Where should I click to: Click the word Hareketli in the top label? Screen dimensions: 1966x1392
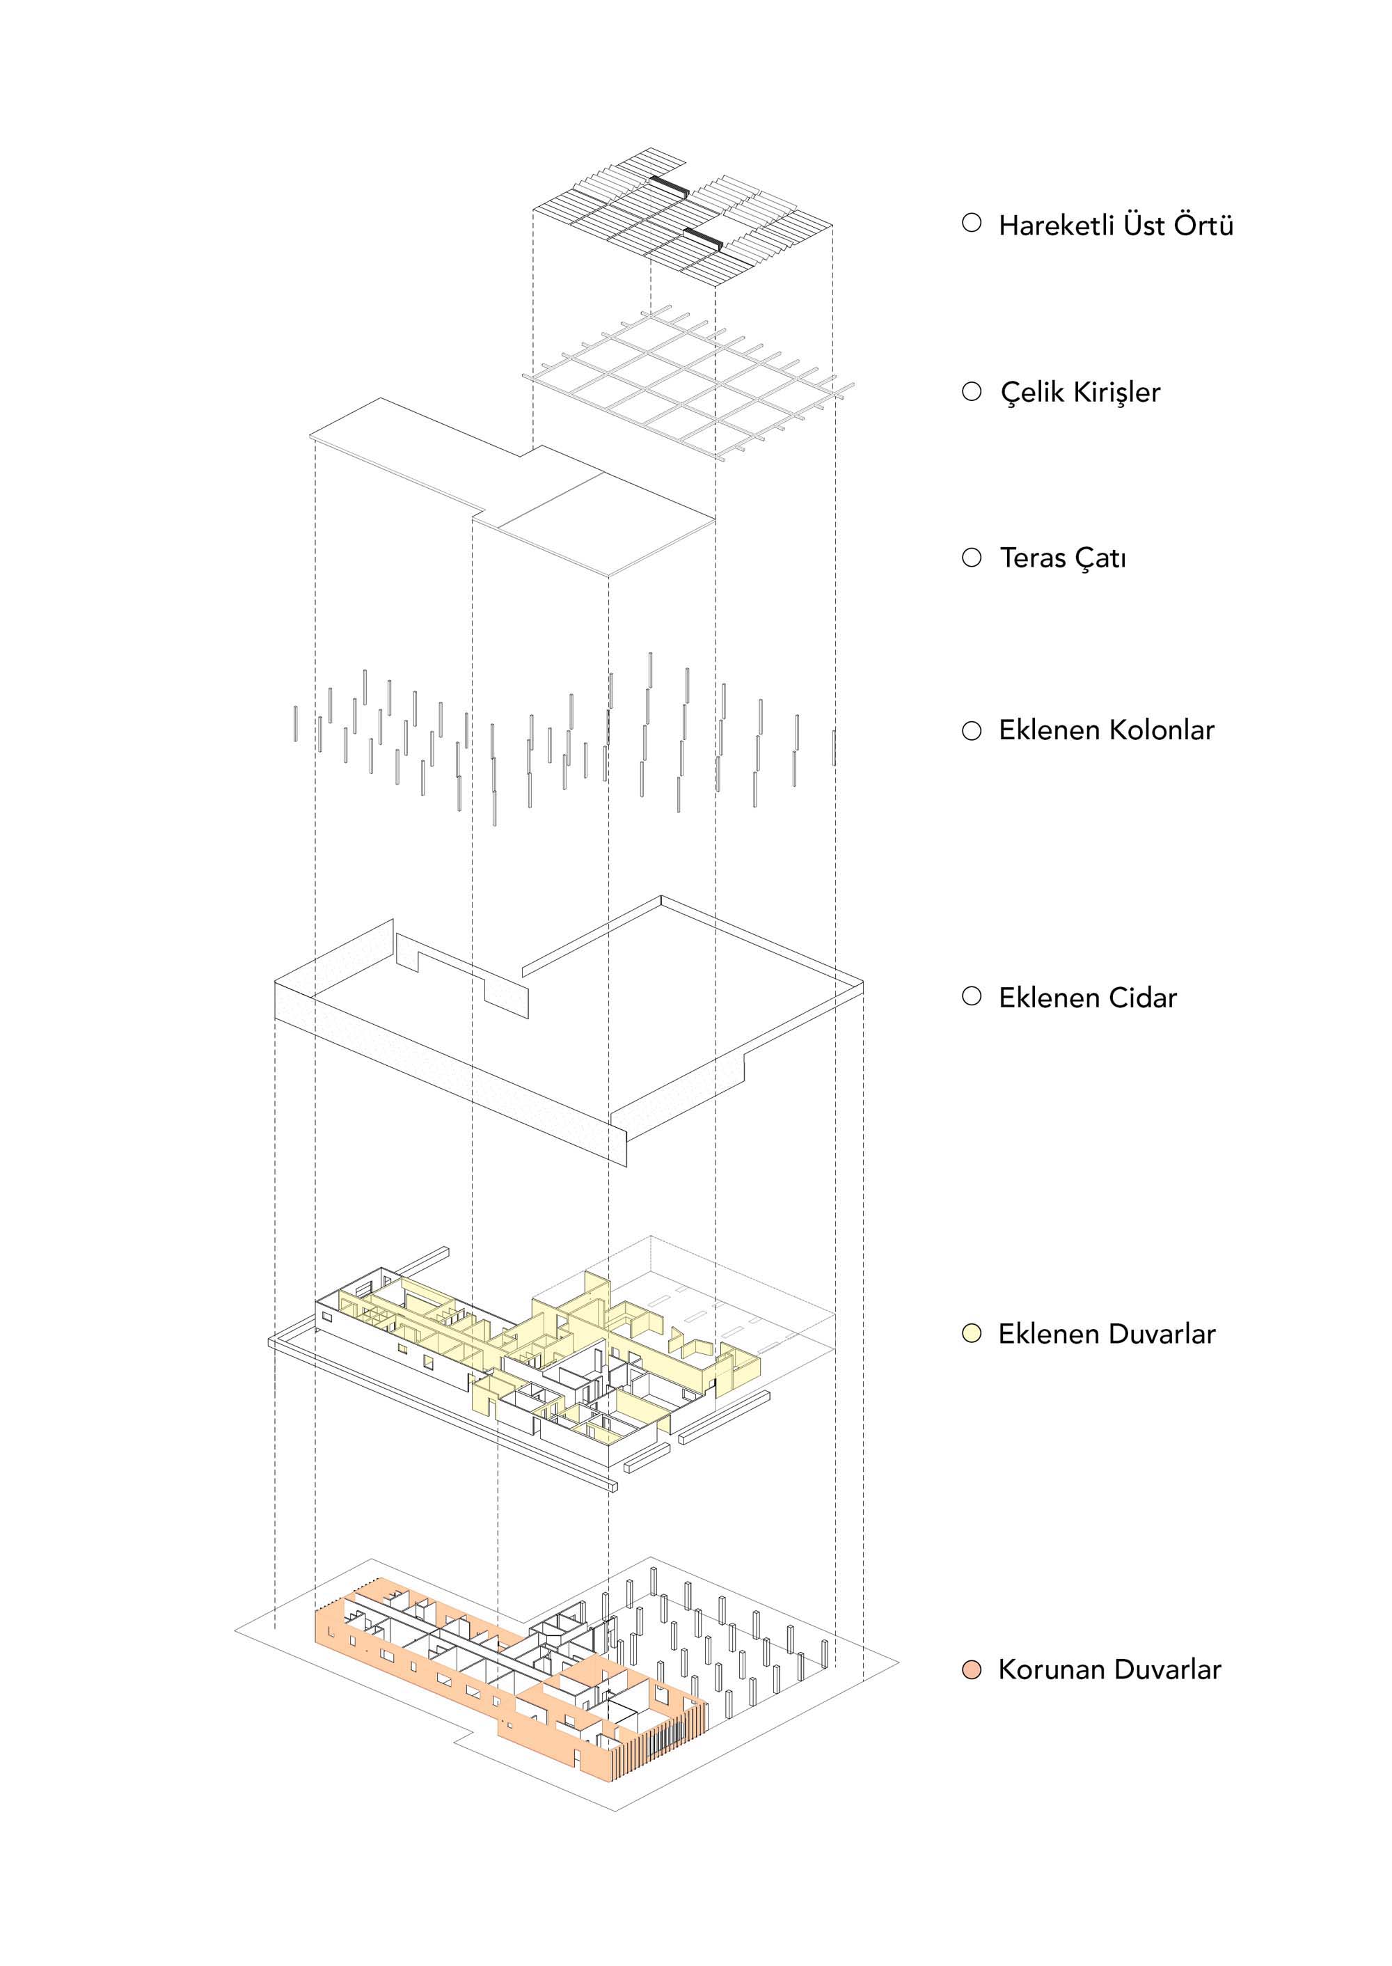click(x=1055, y=226)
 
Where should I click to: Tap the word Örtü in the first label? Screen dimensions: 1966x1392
click(x=1203, y=226)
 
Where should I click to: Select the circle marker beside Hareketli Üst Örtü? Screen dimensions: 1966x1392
click(x=971, y=223)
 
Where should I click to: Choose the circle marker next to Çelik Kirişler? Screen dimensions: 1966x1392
click(x=971, y=392)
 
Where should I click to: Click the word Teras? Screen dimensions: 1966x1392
click(x=1031, y=558)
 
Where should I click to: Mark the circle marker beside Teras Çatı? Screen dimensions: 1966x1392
click(x=971, y=558)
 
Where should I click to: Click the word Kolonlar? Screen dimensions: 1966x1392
click(x=1162, y=730)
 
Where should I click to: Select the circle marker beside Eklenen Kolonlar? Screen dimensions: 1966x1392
click(x=971, y=732)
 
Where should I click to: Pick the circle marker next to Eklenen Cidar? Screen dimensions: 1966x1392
click(x=971, y=996)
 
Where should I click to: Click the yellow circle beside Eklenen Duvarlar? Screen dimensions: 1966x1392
click(x=971, y=1334)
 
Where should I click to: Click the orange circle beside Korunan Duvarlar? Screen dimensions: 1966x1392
click(x=971, y=1670)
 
